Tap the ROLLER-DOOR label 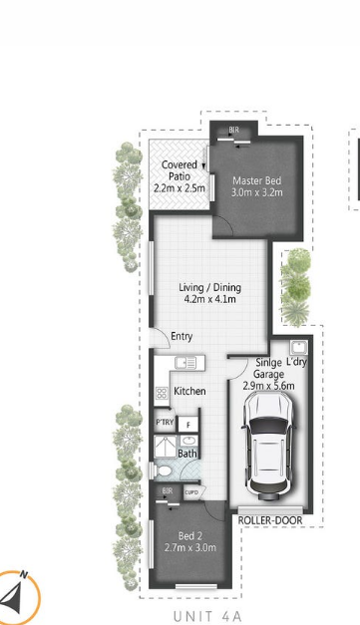(x=269, y=519)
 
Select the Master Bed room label (x=257, y=180)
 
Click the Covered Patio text (x=180, y=165)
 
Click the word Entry (x=181, y=337)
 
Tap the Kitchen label (x=189, y=391)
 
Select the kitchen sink (x=186, y=364)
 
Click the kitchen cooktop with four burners (x=160, y=394)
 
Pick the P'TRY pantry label (x=165, y=424)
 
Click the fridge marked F (x=189, y=425)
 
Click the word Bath (x=187, y=454)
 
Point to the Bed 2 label (x=188, y=537)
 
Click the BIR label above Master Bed (x=233, y=131)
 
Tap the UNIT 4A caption (x=207, y=615)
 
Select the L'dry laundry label (x=297, y=362)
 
